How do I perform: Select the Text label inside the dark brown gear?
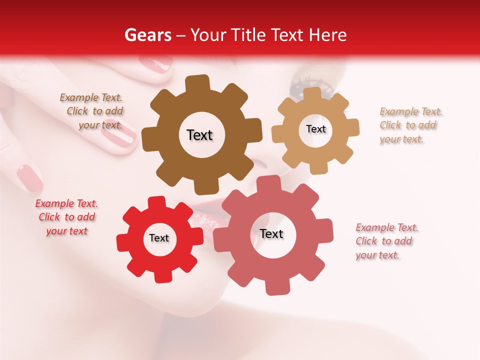(x=199, y=135)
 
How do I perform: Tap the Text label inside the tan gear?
(x=315, y=129)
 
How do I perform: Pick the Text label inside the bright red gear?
(x=159, y=238)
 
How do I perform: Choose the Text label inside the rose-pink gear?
(x=271, y=233)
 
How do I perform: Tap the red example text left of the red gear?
(x=66, y=217)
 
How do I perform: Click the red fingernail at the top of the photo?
(x=155, y=64)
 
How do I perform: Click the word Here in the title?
(x=328, y=35)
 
